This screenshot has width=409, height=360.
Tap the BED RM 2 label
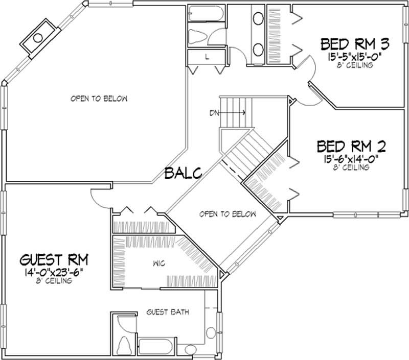point(351,147)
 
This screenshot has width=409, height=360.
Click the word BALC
point(184,173)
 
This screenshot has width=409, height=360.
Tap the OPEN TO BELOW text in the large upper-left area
point(99,99)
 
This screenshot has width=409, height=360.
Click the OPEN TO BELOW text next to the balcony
point(228,214)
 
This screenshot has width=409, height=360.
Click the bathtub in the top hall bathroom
point(207,12)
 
